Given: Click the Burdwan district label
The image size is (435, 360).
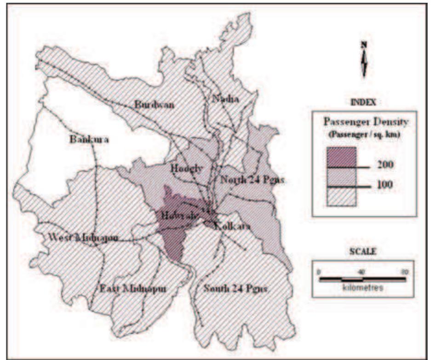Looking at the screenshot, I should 154,105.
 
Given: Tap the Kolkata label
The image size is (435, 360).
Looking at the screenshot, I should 233,226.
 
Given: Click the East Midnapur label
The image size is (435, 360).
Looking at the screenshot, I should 132,289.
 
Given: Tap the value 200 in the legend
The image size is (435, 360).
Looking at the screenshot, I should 383,164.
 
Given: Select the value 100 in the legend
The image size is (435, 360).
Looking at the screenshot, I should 383,185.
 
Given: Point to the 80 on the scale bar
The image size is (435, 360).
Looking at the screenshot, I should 404,272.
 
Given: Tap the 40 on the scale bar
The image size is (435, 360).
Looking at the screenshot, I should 362,272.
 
